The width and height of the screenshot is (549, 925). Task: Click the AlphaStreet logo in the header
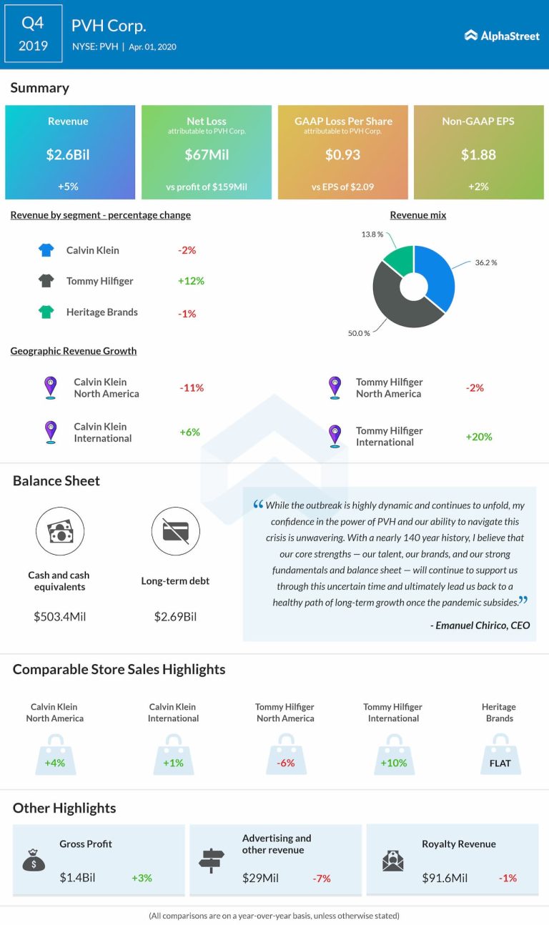click(502, 35)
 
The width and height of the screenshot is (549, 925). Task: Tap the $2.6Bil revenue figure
click(69, 154)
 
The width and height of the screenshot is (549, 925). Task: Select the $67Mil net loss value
click(206, 154)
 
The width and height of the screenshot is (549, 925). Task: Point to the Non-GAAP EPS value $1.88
click(478, 154)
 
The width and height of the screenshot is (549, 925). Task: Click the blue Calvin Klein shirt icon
click(46, 250)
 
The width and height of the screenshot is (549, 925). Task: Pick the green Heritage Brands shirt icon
click(46, 312)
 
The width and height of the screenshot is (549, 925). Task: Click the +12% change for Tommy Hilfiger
click(191, 281)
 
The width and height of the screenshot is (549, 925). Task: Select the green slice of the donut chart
click(398, 260)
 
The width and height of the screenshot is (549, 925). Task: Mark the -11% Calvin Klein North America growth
click(191, 387)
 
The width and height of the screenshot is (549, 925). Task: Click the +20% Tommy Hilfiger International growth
click(478, 436)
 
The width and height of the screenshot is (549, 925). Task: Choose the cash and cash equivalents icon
click(59, 531)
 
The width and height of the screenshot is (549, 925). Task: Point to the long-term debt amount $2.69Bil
click(175, 616)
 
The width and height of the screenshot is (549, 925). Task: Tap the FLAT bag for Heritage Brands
click(500, 759)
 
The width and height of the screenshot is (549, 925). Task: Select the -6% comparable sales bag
click(285, 759)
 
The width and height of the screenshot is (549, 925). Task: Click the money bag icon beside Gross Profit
click(34, 861)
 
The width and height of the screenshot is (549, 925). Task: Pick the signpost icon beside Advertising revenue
click(212, 861)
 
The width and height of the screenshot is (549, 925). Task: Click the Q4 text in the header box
click(33, 23)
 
